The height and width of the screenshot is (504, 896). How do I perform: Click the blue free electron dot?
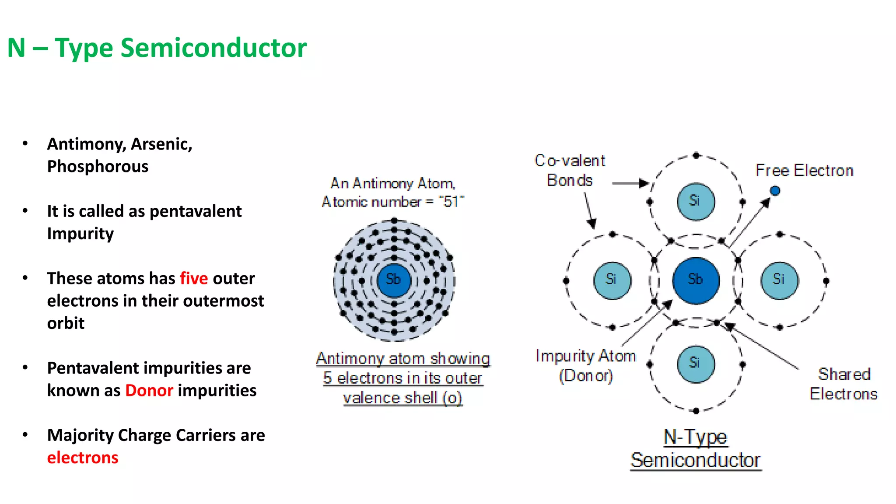tap(775, 191)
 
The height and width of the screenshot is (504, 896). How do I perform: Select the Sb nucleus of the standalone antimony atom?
tap(394, 280)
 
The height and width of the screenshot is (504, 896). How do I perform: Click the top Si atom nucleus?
tap(696, 201)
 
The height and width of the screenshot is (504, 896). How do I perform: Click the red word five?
tap(193, 278)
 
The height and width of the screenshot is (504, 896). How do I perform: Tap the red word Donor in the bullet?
tap(149, 390)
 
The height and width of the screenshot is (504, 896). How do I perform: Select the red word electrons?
tap(83, 458)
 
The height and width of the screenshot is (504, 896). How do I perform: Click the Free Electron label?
tap(804, 171)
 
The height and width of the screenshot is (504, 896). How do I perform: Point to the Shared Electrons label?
tap(843, 384)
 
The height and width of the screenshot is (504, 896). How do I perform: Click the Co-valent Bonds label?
tap(570, 171)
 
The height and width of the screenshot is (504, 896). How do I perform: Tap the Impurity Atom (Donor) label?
tap(585, 366)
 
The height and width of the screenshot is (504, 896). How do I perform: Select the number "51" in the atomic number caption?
tap(451, 202)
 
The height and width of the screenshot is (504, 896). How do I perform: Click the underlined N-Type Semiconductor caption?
tap(696, 448)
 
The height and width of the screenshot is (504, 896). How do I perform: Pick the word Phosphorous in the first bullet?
tap(98, 167)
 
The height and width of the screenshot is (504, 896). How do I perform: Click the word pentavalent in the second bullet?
tap(195, 211)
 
